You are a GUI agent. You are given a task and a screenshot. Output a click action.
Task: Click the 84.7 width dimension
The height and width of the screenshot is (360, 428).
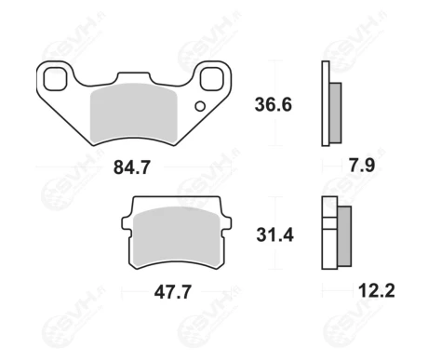tap(132, 167)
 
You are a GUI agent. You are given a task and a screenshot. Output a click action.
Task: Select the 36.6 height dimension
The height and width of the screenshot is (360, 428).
tap(274, 104)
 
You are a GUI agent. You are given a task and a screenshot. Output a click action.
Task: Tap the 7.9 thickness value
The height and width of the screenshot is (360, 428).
tap(362, 165)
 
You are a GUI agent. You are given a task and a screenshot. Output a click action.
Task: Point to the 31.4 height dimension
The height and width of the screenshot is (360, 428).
tap(274, 235)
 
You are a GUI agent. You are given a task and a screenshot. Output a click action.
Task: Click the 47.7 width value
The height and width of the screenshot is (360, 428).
tap(173, 292)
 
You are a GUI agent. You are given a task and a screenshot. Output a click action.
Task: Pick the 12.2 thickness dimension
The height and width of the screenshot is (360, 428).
tap(377, 291)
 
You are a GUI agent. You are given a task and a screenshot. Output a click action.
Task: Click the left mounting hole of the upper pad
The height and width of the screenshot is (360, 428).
tap(55, 80)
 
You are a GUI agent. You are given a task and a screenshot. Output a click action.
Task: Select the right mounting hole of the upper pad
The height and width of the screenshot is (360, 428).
tap(212, 79)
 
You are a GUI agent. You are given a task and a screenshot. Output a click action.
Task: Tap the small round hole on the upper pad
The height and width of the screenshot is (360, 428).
tap(200, 106)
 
